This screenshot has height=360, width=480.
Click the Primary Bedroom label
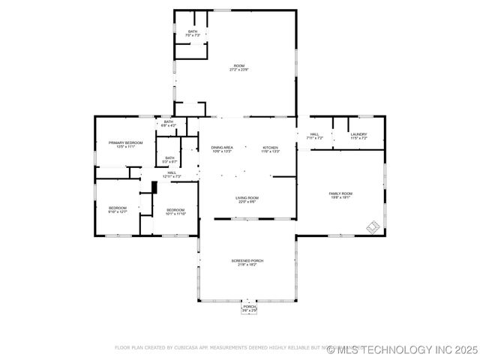125,144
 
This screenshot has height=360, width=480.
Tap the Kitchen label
271,149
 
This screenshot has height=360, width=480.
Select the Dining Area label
222,149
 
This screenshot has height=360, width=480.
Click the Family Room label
340,195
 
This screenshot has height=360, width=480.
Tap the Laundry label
358,136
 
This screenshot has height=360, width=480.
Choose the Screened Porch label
247,262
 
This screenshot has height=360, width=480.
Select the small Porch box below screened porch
249,308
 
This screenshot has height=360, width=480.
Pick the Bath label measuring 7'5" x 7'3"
193,33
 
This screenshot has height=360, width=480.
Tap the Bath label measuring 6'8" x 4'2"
169,124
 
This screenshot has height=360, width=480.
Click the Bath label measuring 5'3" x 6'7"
170,159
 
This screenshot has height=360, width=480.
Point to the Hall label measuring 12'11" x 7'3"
172,174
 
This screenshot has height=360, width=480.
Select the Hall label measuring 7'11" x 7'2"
315,136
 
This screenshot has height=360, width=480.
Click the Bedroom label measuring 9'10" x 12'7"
118,210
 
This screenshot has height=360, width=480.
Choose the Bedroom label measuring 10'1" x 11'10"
175,211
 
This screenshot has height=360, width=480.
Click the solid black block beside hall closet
153,187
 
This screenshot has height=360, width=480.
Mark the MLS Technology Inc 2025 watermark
402,349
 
